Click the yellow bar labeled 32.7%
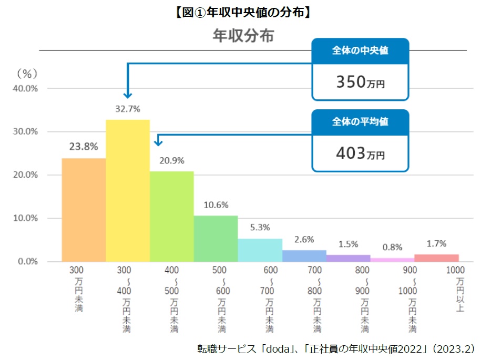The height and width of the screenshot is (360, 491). click(128, 190)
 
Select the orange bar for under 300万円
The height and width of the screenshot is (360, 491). click(84, 210)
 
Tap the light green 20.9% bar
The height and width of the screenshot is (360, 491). click(171, 216)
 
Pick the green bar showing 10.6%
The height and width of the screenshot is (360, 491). click(216, 239)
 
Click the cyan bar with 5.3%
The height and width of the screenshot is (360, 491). click(260, 250)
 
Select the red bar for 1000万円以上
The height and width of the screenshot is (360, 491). click(436, 258)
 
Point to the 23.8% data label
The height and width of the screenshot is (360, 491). click(84, 147)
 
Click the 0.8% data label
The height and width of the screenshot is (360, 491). click(393, 247)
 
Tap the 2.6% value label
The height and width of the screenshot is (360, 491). click(304, 239)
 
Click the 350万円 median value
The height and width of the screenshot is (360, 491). click(360, 83)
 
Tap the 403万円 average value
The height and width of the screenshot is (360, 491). click(360, 154)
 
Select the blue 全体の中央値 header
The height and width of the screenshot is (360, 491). click(360, 51)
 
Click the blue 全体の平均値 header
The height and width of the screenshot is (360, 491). click(360, 122)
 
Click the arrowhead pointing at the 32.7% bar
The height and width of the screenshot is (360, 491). click(127, 95)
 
